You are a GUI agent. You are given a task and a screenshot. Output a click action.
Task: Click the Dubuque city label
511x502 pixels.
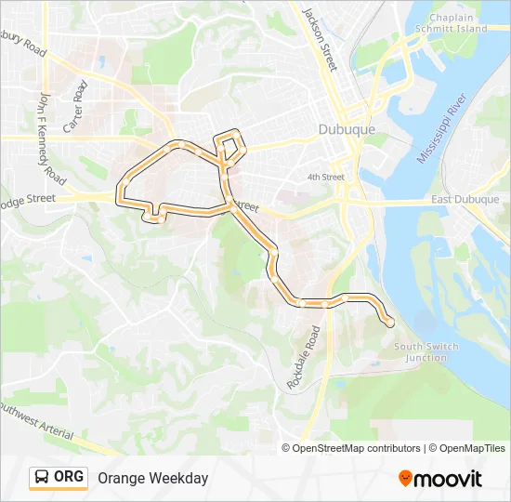[347, 130]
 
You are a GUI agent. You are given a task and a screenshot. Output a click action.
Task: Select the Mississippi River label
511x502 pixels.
[439, 129]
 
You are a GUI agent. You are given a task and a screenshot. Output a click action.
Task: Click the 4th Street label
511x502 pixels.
[326, 178]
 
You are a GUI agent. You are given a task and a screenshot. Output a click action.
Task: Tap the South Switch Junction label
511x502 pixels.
[426, 352]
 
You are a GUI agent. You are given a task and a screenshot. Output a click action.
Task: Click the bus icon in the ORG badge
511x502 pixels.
[43, 478]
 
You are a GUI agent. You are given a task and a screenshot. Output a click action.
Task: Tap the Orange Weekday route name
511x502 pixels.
[152, 478]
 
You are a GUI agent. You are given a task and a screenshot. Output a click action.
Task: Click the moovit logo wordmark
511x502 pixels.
[449, 479]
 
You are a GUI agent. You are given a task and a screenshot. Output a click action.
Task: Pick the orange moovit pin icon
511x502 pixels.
[405, 479]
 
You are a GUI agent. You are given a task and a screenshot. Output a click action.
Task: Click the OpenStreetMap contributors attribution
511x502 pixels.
[355, 448]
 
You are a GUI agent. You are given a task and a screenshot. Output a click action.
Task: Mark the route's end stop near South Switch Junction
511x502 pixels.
[388, 323]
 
